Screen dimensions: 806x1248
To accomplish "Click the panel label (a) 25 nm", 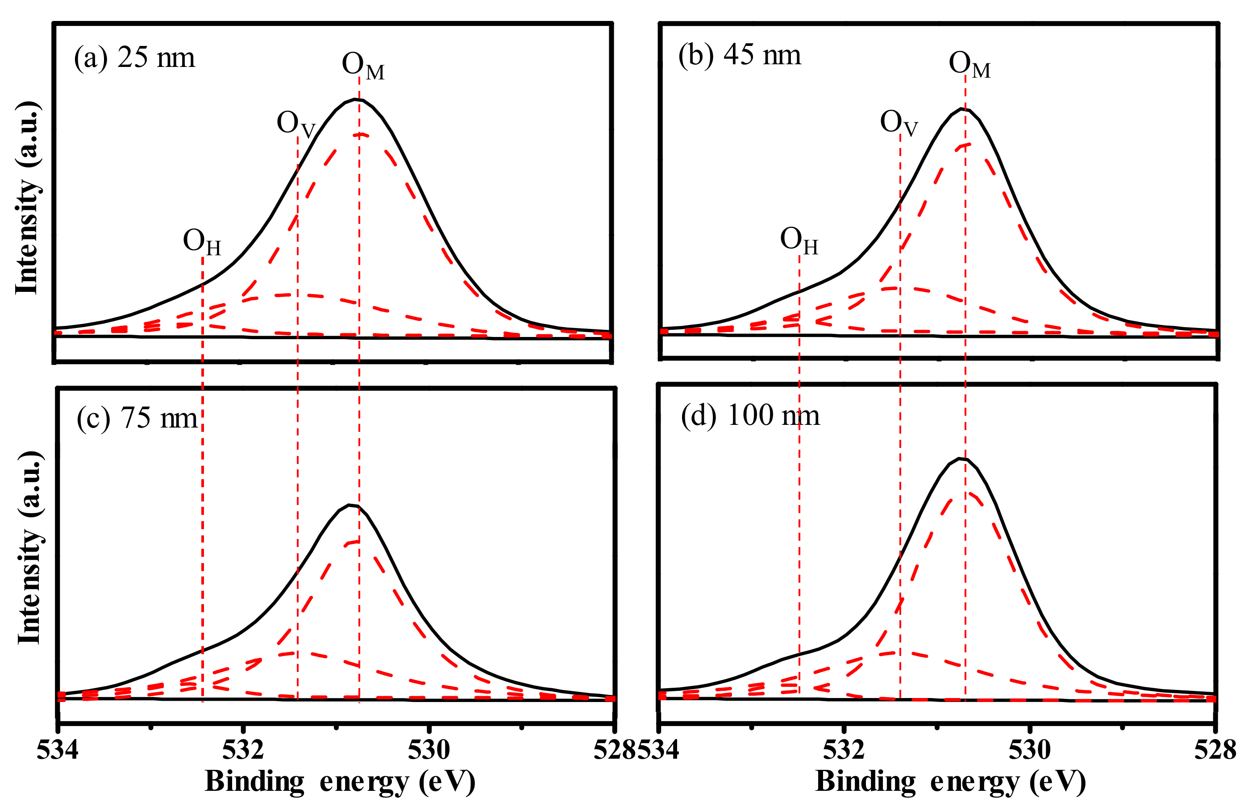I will pos(134,57).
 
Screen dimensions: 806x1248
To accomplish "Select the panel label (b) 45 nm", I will pos(739,54).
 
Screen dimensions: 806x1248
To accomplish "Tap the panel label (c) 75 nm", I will pos(137,418).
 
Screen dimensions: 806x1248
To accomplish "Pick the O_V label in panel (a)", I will pos(296,125).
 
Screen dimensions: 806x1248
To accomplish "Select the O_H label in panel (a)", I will pos(202,242).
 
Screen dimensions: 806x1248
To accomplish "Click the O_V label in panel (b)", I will pos(899,124).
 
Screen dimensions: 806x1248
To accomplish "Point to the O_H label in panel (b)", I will pos(799,241).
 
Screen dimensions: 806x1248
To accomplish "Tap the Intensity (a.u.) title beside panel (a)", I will pos(27,198).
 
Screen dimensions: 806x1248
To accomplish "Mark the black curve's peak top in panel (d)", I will pos(960,458).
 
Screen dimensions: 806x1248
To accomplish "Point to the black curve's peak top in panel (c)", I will pos(349,505).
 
